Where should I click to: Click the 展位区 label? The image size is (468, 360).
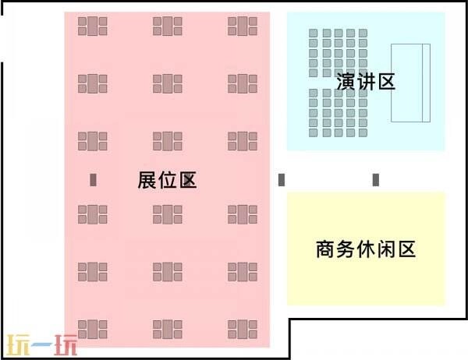(167, 180)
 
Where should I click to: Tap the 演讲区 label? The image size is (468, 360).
(366, 81)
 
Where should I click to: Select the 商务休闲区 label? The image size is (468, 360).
(366, 249)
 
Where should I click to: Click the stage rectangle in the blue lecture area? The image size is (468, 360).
(411, 83)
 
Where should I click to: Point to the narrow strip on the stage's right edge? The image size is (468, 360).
(426, 83)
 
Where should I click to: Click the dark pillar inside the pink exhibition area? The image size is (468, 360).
(93, 180)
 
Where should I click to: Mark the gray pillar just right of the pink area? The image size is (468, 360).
(282, 180)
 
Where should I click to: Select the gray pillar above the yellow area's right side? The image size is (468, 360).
(376, 180)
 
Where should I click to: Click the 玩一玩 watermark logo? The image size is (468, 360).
(42, 345)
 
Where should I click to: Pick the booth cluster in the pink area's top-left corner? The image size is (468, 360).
(93, 26)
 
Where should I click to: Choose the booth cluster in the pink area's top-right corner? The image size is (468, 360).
(243, 26)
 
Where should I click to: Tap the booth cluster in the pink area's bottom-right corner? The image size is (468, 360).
(243, 330)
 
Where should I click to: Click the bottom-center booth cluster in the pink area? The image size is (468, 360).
(168, 330)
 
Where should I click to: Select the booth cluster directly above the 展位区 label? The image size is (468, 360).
(168, 141)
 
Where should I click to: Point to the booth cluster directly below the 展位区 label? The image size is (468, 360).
(168, 214)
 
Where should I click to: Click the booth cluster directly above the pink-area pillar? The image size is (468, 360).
(93, 141)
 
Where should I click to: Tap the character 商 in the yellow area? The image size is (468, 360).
(325, 249)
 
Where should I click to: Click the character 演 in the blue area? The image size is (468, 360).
(346, 81)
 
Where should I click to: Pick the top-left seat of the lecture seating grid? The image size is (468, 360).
(313, 33)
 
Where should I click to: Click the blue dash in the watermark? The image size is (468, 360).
(42, 345)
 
